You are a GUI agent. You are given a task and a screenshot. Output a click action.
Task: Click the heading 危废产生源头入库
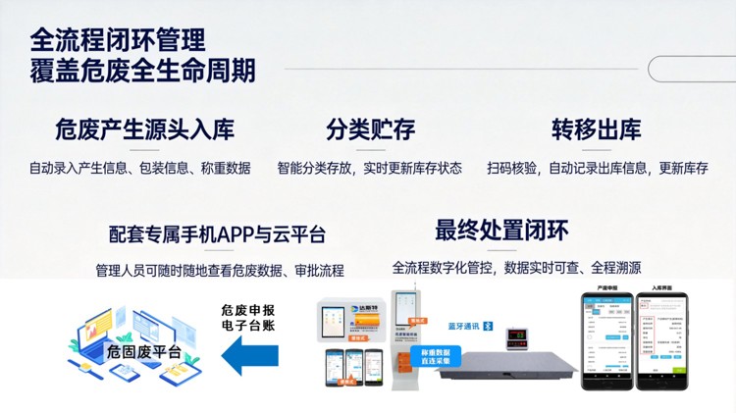tap(145, 129)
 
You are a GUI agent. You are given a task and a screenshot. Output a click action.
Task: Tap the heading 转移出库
tap(596, 129)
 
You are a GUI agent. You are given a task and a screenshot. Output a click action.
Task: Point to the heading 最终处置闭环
tap(501, 230)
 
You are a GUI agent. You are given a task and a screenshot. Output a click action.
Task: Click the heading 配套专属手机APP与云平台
tap(218, 234)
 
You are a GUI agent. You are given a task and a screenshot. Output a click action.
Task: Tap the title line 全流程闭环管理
tap(118, 40)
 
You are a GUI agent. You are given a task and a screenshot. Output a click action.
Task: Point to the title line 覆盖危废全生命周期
tap(143, 72)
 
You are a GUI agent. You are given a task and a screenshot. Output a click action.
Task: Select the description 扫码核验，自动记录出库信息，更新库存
tap(597, 168)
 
